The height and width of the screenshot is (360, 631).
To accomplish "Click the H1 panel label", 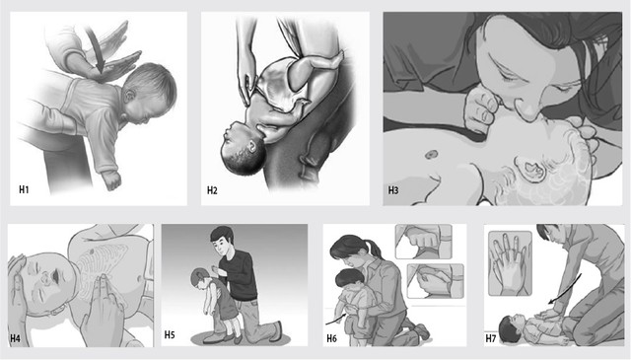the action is click(24, 189).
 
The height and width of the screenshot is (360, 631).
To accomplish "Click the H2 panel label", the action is click(212, 190).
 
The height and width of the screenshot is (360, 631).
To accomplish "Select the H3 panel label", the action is click(393, 190).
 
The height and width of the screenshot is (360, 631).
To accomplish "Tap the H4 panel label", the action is click(16, 338).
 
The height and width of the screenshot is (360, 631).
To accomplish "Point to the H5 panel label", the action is click(170, 334).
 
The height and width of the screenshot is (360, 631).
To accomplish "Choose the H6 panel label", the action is click(331, 338).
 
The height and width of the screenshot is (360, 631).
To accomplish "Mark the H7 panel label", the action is click(491, 338).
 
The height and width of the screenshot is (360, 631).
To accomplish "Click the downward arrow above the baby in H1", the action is click(96, 48).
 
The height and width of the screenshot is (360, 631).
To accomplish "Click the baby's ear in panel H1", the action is click(130, 97).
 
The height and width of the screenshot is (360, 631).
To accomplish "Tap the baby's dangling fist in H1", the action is click(111, 180).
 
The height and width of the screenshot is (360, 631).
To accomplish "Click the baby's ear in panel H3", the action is click(530, 169).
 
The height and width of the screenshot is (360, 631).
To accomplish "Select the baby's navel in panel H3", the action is click(432, 154).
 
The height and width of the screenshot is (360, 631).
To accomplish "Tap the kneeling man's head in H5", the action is click(222, 241).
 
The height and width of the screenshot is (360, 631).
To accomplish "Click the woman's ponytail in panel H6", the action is click(375, 249).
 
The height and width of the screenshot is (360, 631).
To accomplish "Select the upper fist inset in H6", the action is click(424, 242).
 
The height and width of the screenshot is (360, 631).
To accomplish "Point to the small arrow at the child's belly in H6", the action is click(333, 321).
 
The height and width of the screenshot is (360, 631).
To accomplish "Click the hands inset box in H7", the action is click(510, 263).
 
